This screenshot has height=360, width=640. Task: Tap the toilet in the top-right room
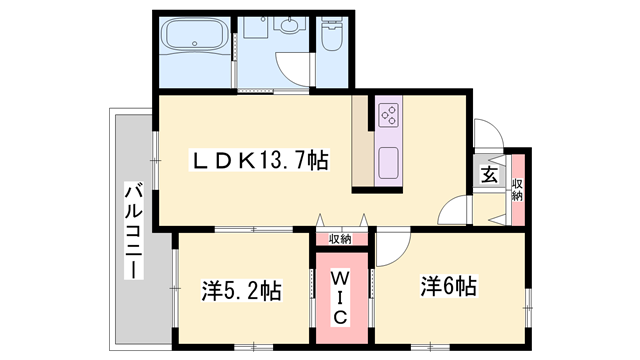[x=330, y=40]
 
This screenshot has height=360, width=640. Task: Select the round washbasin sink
[x=290, y=28]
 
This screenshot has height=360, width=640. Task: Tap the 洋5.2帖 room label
[x=241, y=291]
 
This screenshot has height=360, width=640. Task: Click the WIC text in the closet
[x=339, y=296]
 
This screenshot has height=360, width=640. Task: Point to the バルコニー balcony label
[x=132, y=231]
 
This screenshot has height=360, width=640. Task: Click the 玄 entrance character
[x=489, y=175]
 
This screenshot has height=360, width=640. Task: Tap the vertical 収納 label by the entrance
[x=517, y=187]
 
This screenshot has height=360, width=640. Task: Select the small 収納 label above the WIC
[x=339, y=239]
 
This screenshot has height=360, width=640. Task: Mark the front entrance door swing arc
[x=487, y=137]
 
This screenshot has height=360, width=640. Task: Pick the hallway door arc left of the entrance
[x=455, y=210]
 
